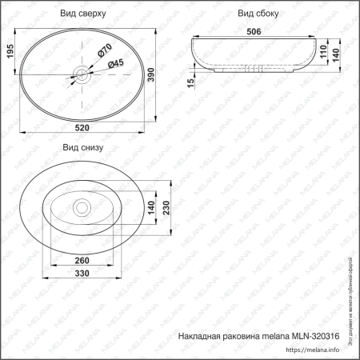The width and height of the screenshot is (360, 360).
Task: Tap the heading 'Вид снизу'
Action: (82, 147)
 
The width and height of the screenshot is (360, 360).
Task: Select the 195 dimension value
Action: (10, 54)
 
